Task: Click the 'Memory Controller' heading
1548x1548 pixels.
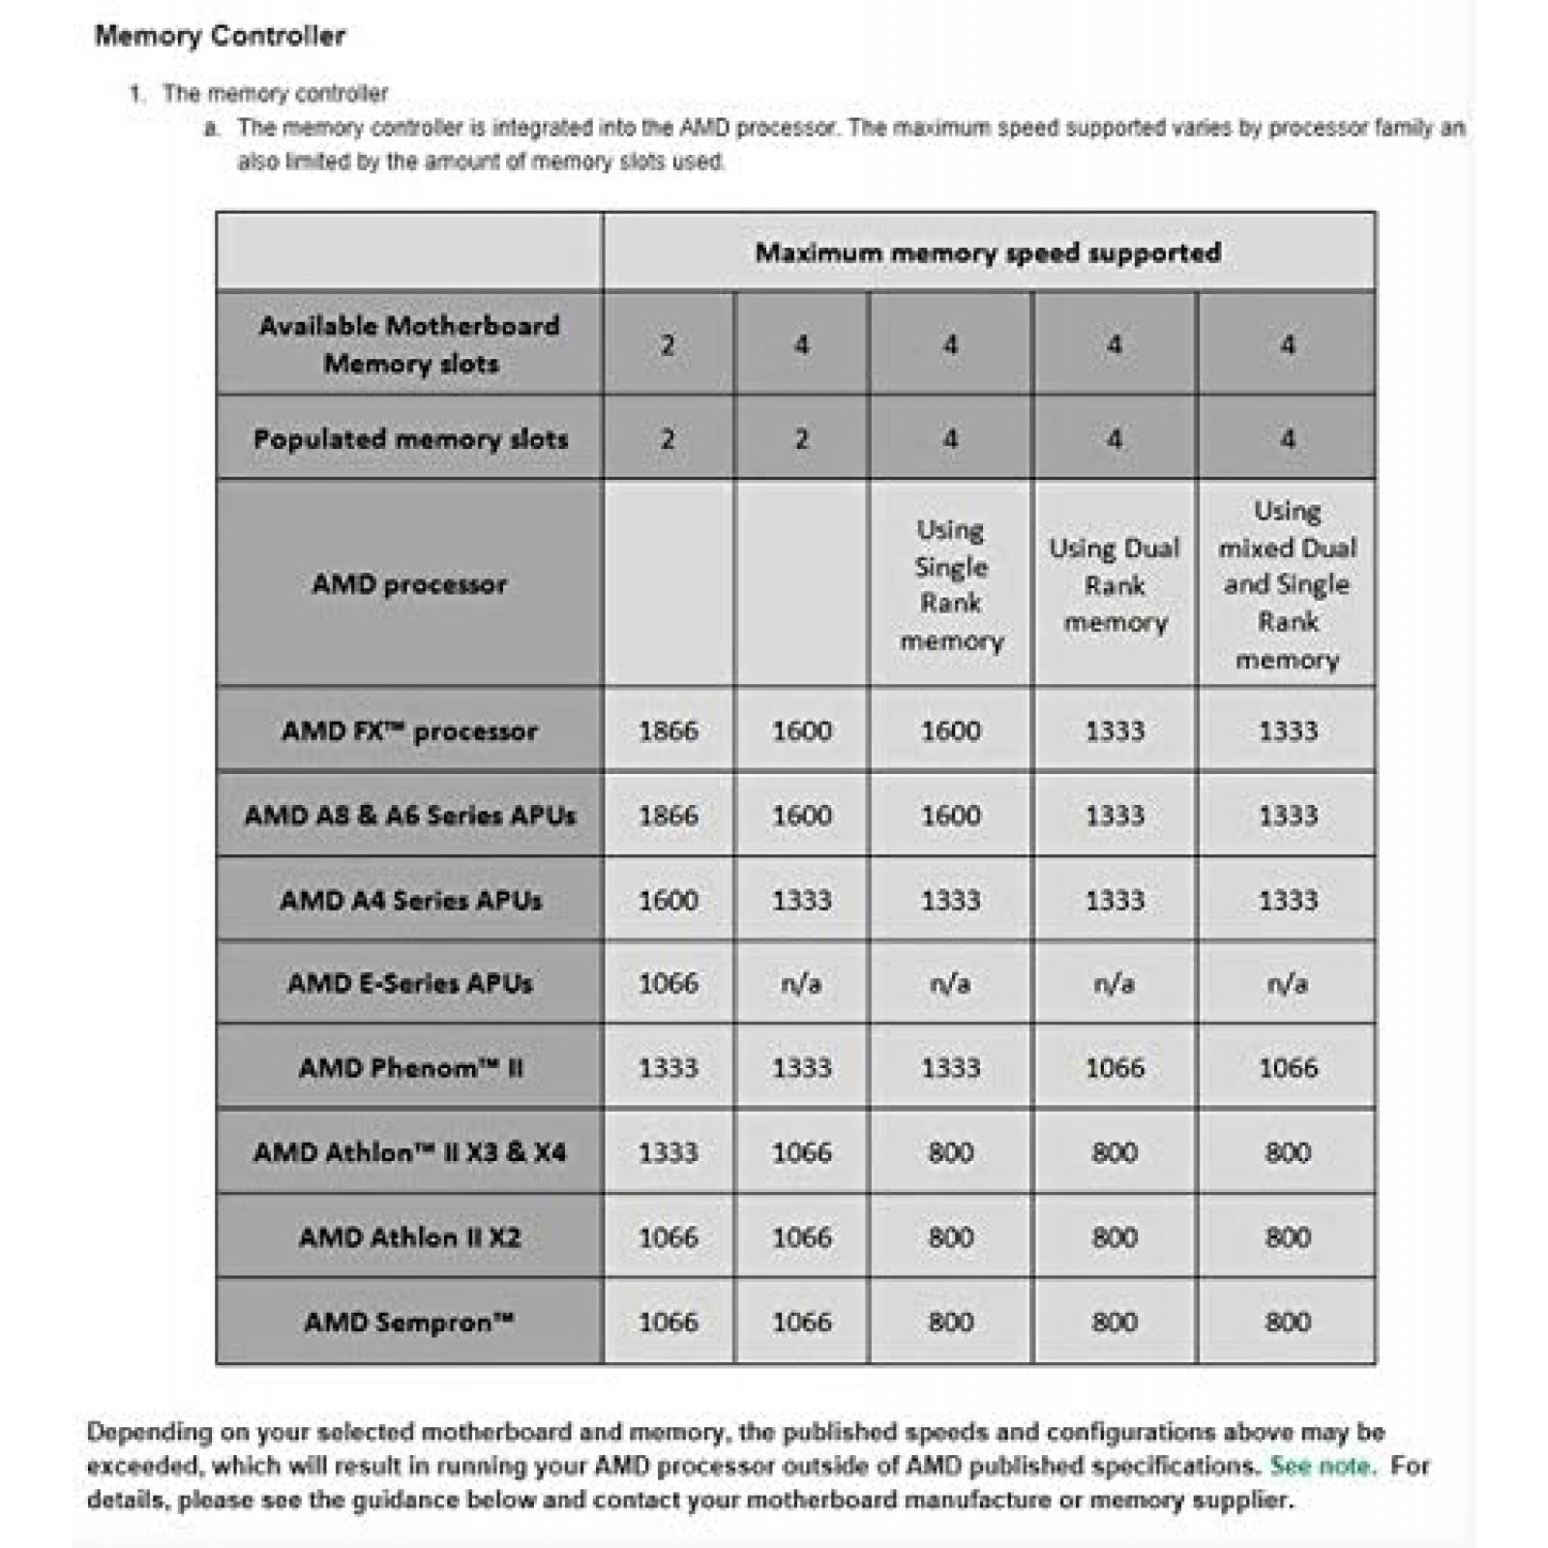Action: [220, 37]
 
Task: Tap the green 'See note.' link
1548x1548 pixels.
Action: [1322, 1466]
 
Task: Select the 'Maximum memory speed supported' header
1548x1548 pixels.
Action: [988, 253]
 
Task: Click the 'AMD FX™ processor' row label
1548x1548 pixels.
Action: [409, 730]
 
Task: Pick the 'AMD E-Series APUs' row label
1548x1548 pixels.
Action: [409, 984]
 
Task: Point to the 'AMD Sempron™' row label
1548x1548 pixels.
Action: [409, 1322]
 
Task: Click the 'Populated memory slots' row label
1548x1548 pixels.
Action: [410, 439]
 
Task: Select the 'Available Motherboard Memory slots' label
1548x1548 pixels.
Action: [410, 344]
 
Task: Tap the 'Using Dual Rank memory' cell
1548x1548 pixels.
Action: [1115, 584]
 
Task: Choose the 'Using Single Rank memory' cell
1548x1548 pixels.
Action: [951, 584]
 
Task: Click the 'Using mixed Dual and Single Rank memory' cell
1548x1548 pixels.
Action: [1287, 584]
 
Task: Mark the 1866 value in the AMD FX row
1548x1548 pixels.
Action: [669, 730]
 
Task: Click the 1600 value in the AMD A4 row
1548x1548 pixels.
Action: [669, 900]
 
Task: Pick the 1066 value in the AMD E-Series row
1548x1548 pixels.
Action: [669, 984]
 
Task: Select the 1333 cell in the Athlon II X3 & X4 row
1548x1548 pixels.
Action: [669, 1152]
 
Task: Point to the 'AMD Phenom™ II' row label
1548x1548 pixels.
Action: [410, 1068]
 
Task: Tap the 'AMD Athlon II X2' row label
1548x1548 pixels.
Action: [410, 1237]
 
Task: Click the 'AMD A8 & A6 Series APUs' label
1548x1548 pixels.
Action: [410, 815]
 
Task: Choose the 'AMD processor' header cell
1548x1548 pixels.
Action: [409, 584]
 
